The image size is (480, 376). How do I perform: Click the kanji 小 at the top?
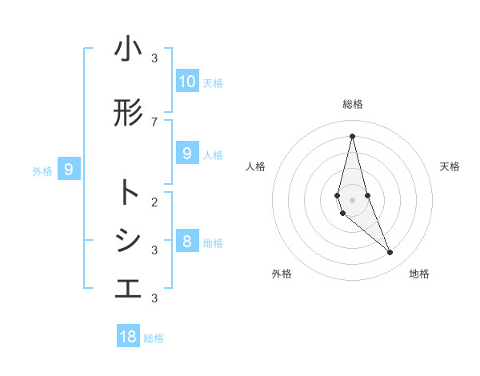tap(128, 50)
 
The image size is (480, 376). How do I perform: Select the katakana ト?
tap(128, 193)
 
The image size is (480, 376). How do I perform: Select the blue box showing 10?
tap(187, 82)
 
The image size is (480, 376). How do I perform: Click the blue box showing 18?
tap(128, 337)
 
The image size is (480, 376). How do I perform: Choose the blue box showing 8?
tap(187, 242)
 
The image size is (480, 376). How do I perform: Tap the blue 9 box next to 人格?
tap(187, 154)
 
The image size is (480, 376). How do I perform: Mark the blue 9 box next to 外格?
tap(70, 170)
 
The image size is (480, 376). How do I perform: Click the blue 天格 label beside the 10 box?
tap(213, 82)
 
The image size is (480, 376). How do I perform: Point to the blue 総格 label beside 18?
tap(154, 338)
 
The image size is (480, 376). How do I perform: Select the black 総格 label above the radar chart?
tap(353, 104)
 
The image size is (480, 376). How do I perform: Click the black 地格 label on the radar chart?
tap(419, 274)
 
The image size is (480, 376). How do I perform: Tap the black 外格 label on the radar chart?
tap(282, 274)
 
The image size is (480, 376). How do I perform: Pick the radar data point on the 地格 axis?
tap(390, 253)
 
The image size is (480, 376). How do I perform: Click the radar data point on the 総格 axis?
tap(352, 136)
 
